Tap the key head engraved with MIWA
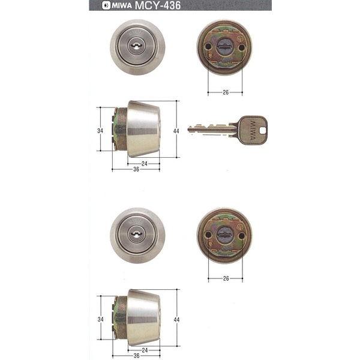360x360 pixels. (x=250, y=129)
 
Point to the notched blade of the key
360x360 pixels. (x=210, y=129)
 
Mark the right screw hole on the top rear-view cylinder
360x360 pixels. (x=242, y=45)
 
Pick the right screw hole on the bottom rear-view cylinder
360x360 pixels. (x=242, y=235)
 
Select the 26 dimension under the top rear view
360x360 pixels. (x=226, y=92)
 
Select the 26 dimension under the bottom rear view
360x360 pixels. (x=226, y=278)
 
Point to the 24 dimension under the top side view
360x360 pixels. (x=144, y=163)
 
